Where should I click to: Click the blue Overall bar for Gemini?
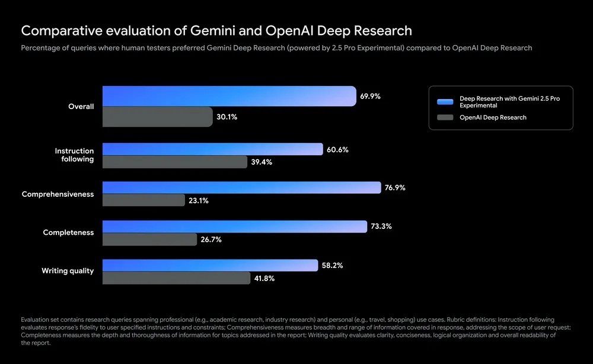(x=229, y=96)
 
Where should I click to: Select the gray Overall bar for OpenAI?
(x=157, y=117)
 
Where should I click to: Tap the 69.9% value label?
(x=370, y=96)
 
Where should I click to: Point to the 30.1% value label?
(x=227, y=117)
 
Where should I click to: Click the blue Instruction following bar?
(x=212, y=149)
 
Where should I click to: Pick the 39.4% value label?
(x=262, y=162)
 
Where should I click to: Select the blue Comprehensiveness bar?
(x=241, y=188)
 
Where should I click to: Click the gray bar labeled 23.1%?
(x=144, y=200)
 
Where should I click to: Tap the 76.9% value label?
(x=395, y=188)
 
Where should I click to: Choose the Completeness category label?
(x=68, y=232)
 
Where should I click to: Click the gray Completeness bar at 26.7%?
(x=149, y=239)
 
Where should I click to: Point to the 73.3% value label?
(x=381, y=226)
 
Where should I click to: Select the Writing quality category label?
(x=68, y=271)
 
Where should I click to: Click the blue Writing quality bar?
(x=210, y=265)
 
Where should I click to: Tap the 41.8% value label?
(x=264, y=278)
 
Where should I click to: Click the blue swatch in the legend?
(x=445, y=101)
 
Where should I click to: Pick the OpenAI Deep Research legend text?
(x=493, y=117)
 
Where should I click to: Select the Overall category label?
(x=81, y=107)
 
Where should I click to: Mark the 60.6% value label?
(x=337, y=150)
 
